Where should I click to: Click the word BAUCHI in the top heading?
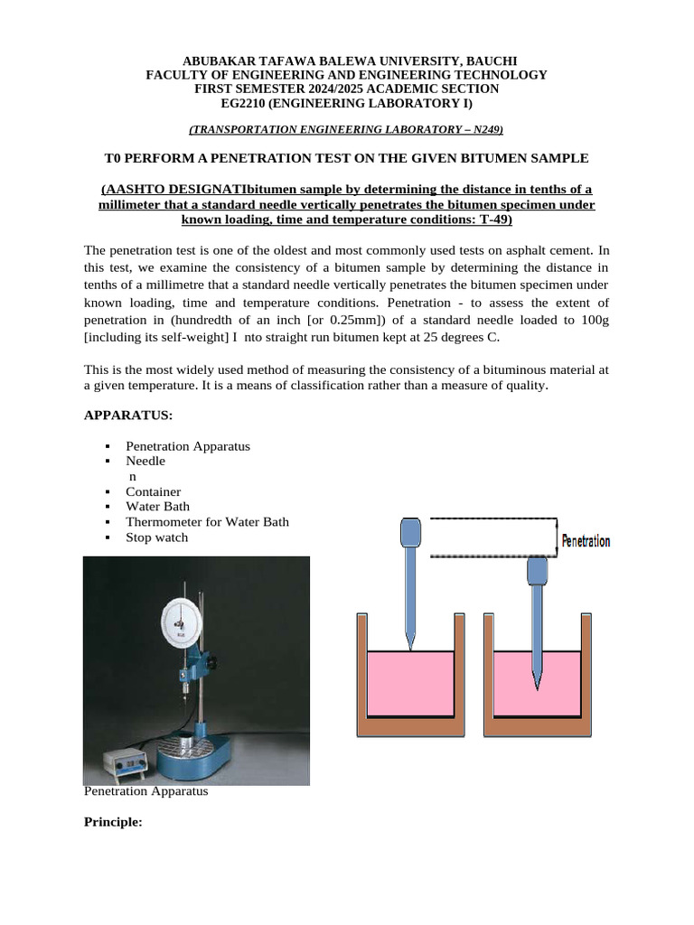click(488, 60)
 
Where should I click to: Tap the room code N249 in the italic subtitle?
click(481, 129)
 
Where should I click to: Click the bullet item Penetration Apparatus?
click(188, 446)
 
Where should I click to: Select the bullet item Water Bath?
click(157, 507)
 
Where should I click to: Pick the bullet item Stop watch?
click(157, 537)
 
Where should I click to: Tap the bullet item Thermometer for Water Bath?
click(207, 522)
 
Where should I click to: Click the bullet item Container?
click(153, 491)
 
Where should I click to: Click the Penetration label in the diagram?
click(586, 542)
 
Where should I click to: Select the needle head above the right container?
click(537, 570)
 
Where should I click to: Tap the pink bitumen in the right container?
click(560, 682)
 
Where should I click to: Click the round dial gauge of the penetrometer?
click(182, 621)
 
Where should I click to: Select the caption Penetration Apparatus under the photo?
click(145, 791)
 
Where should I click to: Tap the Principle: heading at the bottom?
click(113, 822)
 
